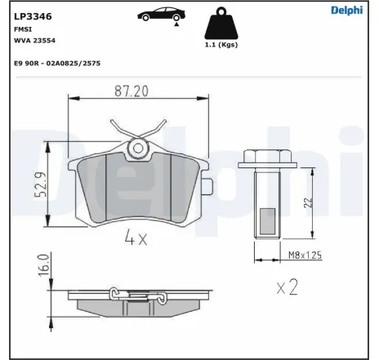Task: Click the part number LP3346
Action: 30,15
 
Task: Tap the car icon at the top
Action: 158,15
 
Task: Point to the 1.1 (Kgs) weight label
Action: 216,46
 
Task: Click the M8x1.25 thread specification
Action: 304,256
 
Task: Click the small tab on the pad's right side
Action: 208,185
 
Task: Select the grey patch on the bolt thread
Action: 267,220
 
